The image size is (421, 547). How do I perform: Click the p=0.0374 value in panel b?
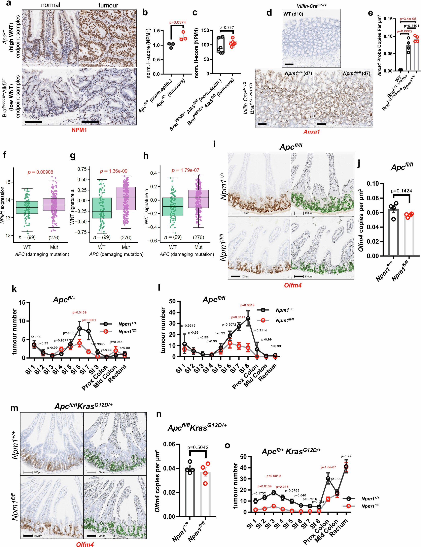[x=177, y=22]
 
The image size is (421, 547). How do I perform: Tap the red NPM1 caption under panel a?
[x=79, y=130]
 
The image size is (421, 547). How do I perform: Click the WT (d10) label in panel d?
[x=293, y=14]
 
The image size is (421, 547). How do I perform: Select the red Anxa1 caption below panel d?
[x=312, y=131]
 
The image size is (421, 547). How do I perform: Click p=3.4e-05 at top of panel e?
[x=408, y=19]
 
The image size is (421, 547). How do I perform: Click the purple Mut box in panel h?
[x=199, y=199]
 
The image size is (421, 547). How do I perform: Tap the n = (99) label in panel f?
[x=27, y=237]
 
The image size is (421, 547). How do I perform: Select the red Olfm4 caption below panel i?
[x=293, y=285]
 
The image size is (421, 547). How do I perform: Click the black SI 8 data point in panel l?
[x=248, y=318]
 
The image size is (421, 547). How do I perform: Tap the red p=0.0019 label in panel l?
[x=247, y=305]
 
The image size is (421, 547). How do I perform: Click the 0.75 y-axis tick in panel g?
[x=82, y=169]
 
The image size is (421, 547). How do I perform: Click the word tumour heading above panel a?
[x=108, y=5]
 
